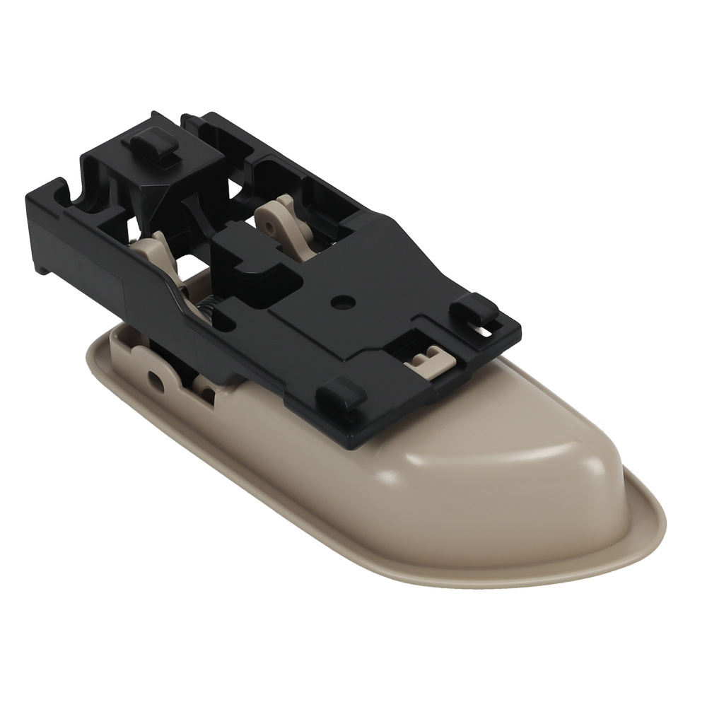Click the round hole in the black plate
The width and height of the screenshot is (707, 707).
pos(342,300)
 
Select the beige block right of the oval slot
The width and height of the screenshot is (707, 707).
pos(198,382)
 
